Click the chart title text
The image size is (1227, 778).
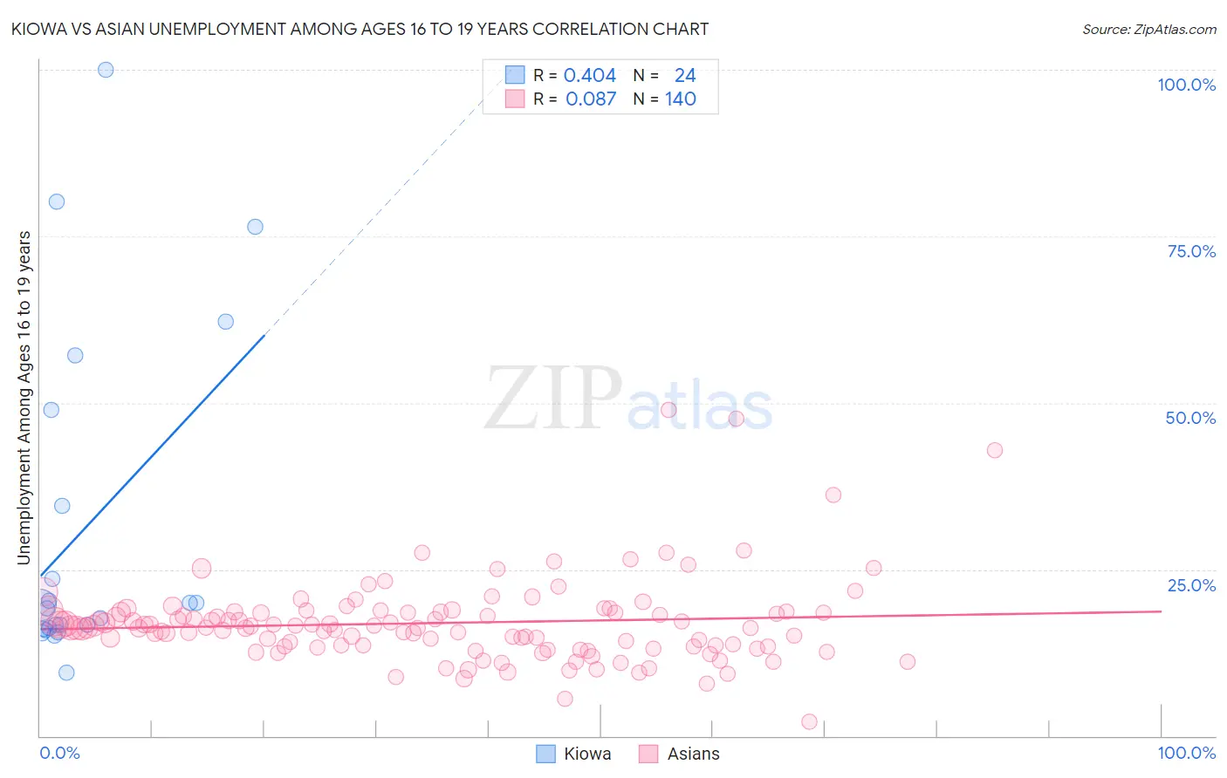pos(360,29)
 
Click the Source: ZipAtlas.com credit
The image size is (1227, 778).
pos(1148,29)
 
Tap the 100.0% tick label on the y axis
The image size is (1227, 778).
pos(1186,85)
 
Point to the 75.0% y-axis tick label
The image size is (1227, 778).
pos(1190,251)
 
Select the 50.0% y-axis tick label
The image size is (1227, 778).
pos(1190,418)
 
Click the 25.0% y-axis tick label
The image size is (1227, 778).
pos(1190,584)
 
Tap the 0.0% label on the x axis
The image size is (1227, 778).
pos(59,753)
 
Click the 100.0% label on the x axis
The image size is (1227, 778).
pos(1186,753)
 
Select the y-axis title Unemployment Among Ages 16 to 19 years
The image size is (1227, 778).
pos(24,398)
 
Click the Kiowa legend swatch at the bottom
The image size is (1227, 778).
pos(545,754)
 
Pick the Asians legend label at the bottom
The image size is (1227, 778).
pos(693,754)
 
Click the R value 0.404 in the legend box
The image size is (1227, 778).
pos(589,76)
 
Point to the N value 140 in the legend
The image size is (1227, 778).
pos(680,99)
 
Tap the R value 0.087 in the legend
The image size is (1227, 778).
pos(590,99)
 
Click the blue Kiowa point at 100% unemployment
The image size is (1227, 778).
pos(106,70)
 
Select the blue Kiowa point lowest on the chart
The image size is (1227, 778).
pos(66,672)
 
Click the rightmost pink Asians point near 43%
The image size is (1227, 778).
pos(994,450)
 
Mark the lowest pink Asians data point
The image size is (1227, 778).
pos(809,721)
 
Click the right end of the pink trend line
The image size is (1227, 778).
pos(1161,611)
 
